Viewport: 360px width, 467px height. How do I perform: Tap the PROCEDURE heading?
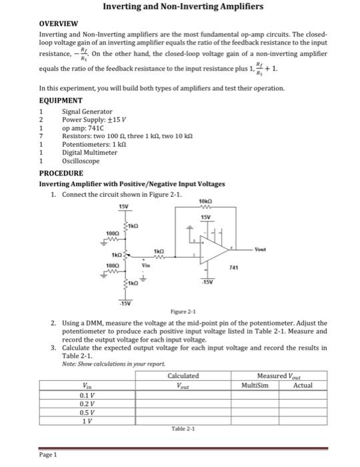(61, 173)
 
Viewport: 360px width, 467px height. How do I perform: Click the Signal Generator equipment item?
(87, 111)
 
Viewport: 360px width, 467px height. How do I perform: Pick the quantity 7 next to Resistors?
(41, 135)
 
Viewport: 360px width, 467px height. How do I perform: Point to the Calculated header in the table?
(183, 376)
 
